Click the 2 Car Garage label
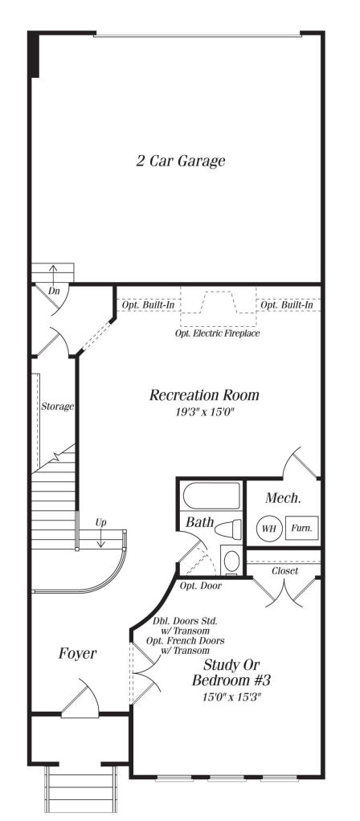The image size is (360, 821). [x=180, y=161]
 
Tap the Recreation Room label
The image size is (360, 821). [x=204, y=394]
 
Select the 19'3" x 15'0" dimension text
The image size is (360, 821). [x=204, y=412]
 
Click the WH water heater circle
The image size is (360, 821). [x=269, y=528]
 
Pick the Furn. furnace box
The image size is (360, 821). [x=302, y=529]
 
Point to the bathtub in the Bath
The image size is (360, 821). [x=211, y=496]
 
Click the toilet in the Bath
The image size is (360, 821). [x=228, y=529]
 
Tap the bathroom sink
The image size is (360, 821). [x=231, y=561]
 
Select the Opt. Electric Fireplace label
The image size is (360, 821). [x=218, y=333]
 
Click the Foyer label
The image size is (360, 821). [x=78, y=653]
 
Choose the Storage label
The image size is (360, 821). [x=58, y=406]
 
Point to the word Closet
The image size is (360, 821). [x=285, y=570]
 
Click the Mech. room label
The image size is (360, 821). [x=284, y=498]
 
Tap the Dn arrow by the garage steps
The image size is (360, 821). [x=54, y=275]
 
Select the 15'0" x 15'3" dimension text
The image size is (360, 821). [x=231, y=697]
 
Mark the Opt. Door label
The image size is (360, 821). [x=201, y=586]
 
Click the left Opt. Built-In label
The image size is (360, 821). [x=149, y=305]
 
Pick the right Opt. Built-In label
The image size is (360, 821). [x=287, y=305]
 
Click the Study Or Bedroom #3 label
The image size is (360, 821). [x=231, y=673]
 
